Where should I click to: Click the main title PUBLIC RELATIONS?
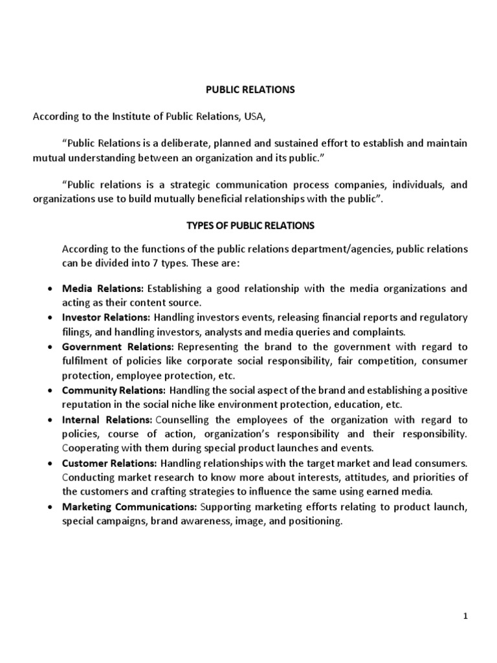coord(250,90)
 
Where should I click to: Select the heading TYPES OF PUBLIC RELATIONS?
coord(250,225)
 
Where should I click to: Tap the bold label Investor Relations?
coord(106,317)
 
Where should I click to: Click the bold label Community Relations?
coord(113,390)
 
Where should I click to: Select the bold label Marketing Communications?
coord(129,508)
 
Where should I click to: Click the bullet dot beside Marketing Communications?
coord(51,508)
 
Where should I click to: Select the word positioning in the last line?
coord(316,522)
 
